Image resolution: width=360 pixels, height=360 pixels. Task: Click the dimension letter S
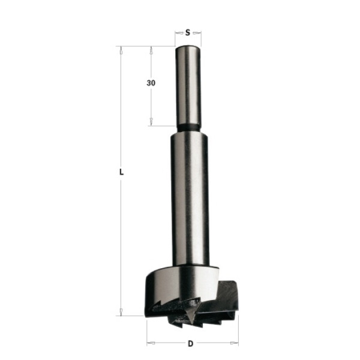click(x=188, y=32)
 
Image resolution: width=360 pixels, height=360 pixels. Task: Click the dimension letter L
click(x=121, y=172)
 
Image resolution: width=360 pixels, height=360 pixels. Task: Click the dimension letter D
click(x=191, y=344)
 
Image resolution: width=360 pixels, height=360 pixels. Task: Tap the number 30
click(x=151, y=83)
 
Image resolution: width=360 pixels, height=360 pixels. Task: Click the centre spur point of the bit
click(x=190, y=318)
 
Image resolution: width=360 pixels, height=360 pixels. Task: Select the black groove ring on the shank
click(x=188, y=128)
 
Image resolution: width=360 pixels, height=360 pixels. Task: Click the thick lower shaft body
click(x=190, y=199)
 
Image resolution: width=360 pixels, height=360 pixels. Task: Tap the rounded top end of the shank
click(x=188, y=48)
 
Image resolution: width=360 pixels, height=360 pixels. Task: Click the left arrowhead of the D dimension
click(x=151, y=343)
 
